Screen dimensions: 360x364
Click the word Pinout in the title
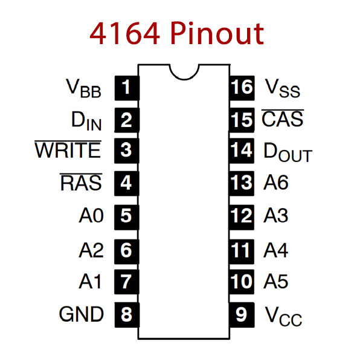[x=217, y=33]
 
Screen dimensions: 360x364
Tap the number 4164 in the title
[x=124, y=33]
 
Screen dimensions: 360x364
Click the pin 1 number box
[x=127, y=88]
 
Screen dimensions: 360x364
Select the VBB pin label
[x=83, y=88]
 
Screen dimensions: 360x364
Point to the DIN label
[x=86, y=121]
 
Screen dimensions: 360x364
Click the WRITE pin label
[x=68, y=149]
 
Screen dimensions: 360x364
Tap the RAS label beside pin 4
[x=81, y=182]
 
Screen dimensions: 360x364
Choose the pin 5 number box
[x=127, y=217]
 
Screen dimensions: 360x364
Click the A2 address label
[x=91, y=250]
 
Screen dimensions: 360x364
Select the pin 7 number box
[x=127, y=282]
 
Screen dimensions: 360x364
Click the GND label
[x=81, y=314]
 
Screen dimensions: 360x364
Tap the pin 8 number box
[x=127, y=315]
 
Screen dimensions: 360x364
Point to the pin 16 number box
[x=242, y=88]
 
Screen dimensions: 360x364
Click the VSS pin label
[x=283, y=88]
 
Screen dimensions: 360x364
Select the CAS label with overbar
[x=283, y=118]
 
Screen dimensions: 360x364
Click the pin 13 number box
[x=242, y=183]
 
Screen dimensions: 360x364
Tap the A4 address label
[x=276, y=250]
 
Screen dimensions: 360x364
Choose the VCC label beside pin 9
[x=283, y=316]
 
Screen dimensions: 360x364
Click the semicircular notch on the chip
[x=184, y=79]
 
